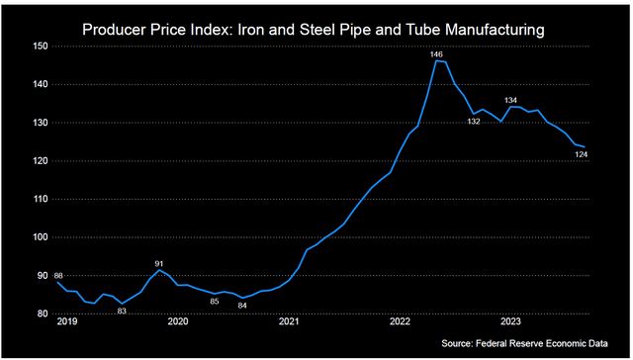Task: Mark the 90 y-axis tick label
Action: click(x=41, y=276)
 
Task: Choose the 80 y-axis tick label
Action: click(x=41, y=314)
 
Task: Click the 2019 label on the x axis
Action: click(x=67, y=322)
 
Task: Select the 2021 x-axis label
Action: click(x=289, y=322)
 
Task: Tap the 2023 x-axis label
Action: click(x=511, y=322)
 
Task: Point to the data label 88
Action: click(x=59, y=275)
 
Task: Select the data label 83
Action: click(x=122, y=312)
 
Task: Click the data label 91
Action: click(x=160, y=262)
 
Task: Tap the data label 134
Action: click(x=511, y=100)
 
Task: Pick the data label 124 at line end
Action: click(x=585, y=154)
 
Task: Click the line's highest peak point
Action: click(x=436, y=61)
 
